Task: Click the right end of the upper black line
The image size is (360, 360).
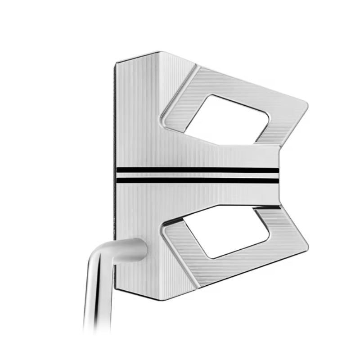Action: tap(277, 170)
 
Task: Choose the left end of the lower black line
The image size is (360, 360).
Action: tap(118, 180)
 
